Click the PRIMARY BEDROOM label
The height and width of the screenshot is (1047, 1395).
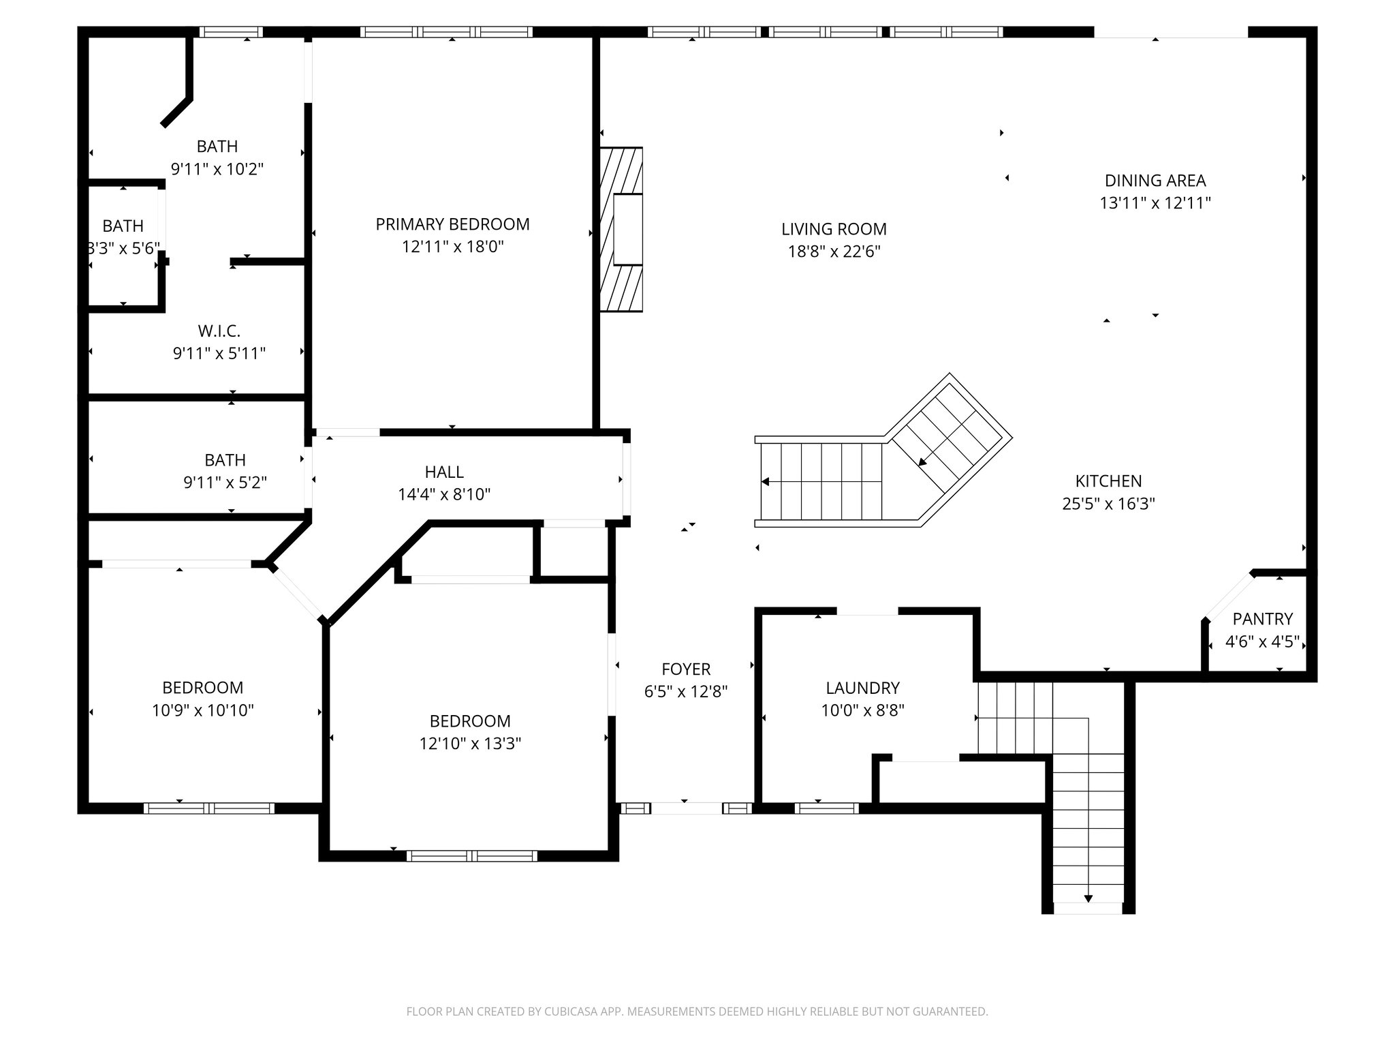[452, 224]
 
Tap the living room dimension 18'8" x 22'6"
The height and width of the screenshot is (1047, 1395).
[834, 252]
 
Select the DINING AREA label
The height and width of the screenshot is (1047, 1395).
[1155, 181]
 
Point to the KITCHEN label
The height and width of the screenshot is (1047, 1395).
[1108, 481]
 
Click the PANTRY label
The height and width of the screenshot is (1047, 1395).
[1262, 619]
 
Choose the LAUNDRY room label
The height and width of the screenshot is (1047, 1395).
[862, 688]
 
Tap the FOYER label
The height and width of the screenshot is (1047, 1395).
[686, 669]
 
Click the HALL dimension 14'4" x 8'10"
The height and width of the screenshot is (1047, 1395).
[444, 494]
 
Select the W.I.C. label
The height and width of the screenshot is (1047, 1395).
[219, 331]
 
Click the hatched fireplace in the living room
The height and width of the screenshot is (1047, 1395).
[621, 230]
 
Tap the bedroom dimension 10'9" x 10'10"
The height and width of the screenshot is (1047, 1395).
[202, 710]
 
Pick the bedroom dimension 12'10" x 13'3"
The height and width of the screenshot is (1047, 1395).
[470, 744]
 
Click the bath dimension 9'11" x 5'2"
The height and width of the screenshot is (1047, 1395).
[225, 483]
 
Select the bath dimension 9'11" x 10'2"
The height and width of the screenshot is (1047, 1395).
[217, 168]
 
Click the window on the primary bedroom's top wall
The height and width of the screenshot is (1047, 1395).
[446, 32]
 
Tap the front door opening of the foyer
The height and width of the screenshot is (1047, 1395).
[686, 808]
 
